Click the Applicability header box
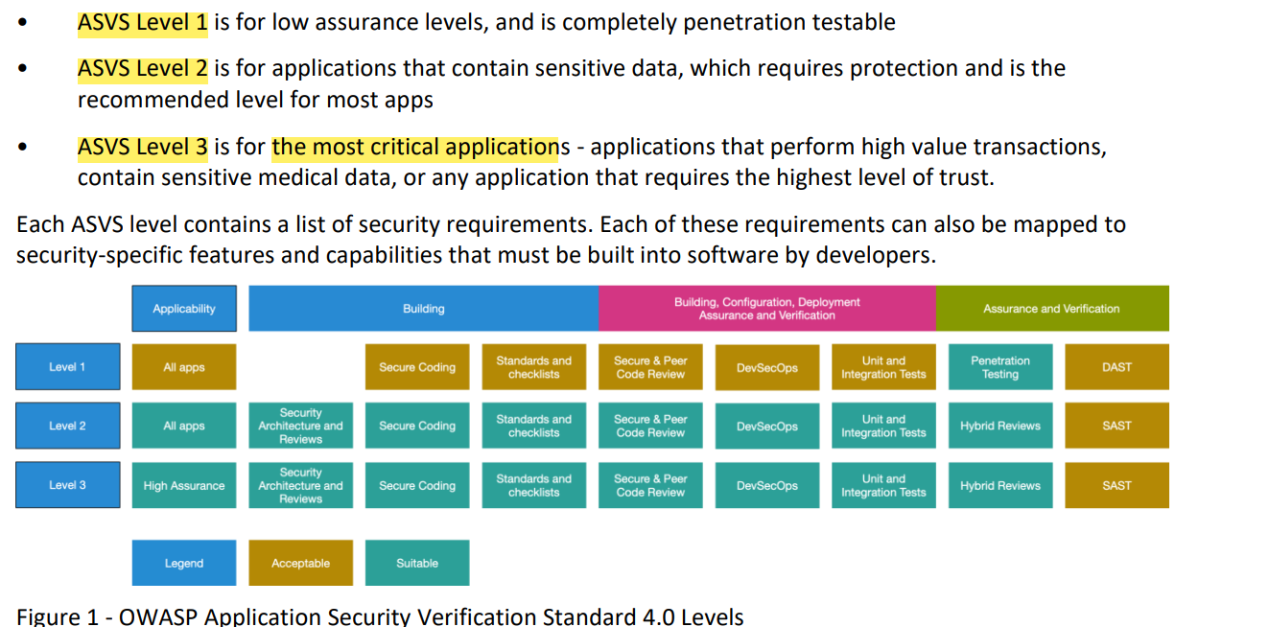(184, 309)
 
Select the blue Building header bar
(424, 309)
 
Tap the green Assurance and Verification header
(1052, 309)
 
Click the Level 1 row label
(67, 367)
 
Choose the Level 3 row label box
(67, 485)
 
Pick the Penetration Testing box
(1000, 367)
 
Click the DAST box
(1117, 367)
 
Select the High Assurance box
(184, 485)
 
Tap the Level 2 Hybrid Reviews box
(1000, 426)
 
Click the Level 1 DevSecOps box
(767, 367)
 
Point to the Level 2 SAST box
(1117, 426)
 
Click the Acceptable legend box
(300, 563)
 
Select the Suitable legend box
(417, 563)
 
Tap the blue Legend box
(184, 563)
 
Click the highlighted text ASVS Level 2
(143, 69)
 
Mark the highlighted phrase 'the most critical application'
(415, 148)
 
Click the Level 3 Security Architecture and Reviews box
(300, 485)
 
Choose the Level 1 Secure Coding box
(417, 367)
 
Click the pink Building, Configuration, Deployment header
(767, 309)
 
